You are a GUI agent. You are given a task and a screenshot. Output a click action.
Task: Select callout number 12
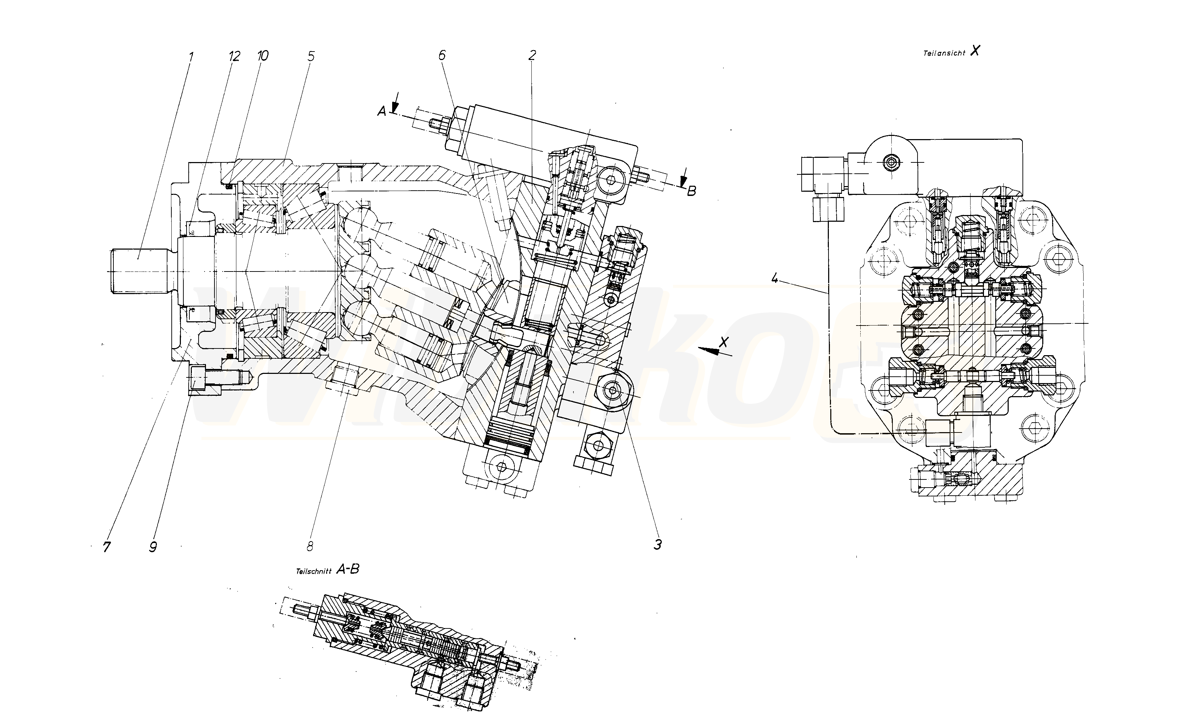pos(234,56)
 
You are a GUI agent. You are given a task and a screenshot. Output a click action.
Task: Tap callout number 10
pos(262,56)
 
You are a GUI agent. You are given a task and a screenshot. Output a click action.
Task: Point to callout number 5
pos(311,56)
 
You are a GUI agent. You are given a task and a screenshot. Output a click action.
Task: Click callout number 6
pos(442,55)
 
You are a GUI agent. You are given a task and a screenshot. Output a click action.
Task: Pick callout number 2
pos(532,55)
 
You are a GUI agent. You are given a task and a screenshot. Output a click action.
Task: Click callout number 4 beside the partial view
pos(775,279)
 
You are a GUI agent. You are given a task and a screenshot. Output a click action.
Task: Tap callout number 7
pos(106,547)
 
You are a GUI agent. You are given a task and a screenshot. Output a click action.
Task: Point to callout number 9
pos(153,547)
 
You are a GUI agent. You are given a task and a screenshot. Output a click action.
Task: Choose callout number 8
pos(310,546)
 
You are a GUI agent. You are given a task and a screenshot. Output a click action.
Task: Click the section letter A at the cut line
pos(382,112)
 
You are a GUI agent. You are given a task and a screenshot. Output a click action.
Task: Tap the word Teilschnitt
pos(313,572)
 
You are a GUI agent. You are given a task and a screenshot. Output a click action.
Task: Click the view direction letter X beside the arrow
pos(724,342)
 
